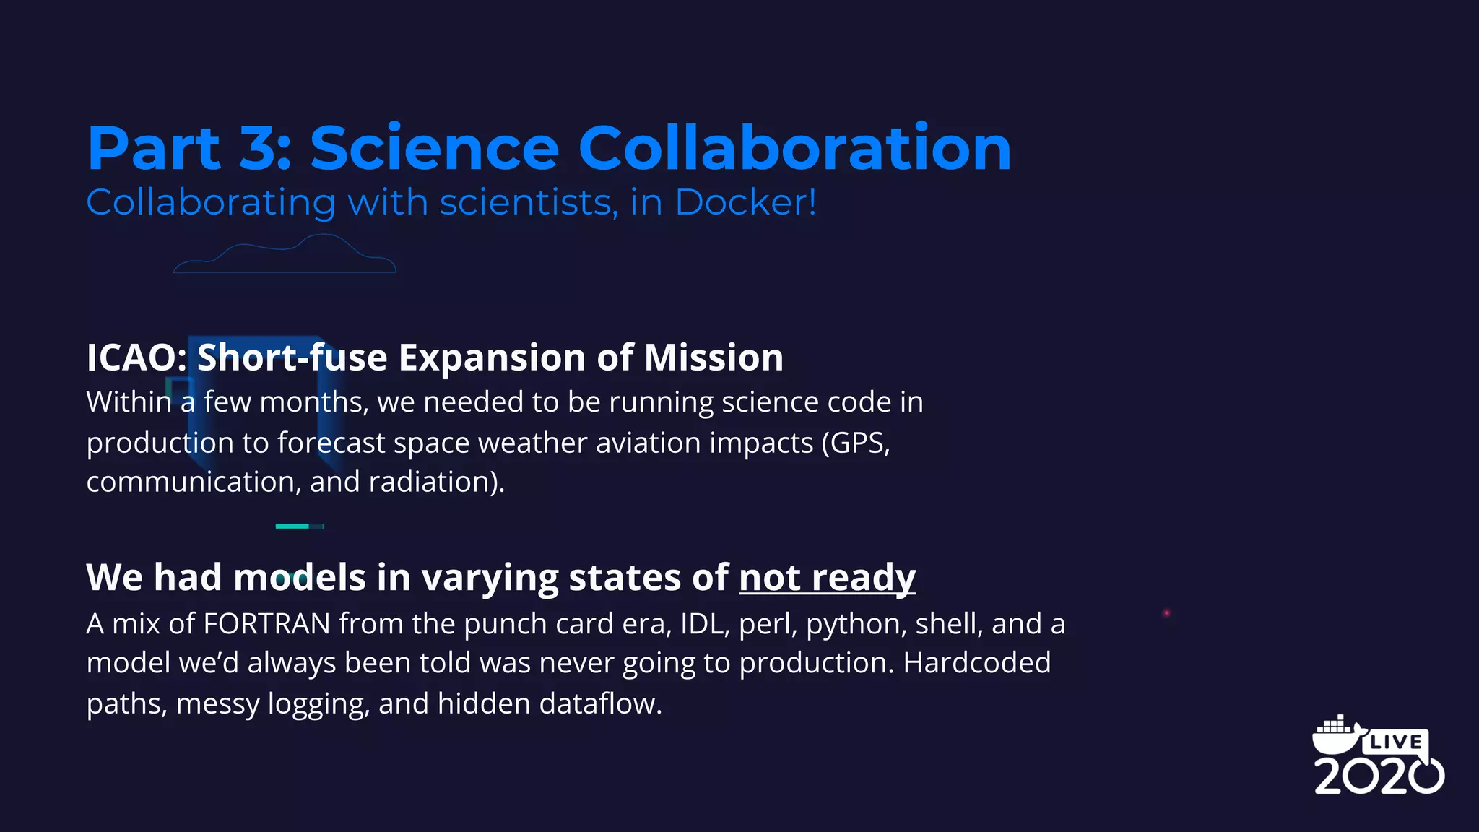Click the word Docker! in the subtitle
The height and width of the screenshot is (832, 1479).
click(745, 202)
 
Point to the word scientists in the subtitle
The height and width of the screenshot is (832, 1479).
click(529, 202)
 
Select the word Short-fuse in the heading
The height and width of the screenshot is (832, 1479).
click(292, 357)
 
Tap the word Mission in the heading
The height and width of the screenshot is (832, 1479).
click(714, 357)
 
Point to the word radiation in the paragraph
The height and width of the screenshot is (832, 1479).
click(431, 482)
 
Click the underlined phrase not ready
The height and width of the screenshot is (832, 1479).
click(827, 578)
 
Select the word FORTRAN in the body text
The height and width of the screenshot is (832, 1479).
click(266, 623)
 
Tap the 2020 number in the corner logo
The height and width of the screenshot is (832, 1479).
click(1378, 776)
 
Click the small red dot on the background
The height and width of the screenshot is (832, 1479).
click(1166, 613)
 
